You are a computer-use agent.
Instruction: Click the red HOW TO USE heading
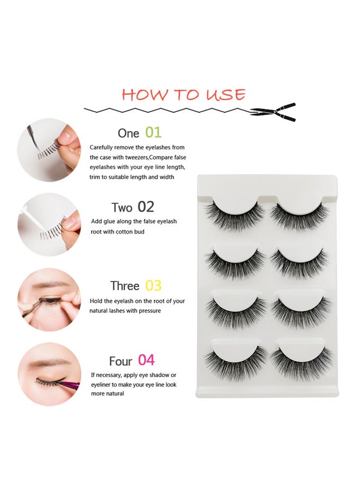(183, 94)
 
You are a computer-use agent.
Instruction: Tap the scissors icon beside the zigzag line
(273, 112)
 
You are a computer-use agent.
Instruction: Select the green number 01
(153, 133)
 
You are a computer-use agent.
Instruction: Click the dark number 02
(146, 207)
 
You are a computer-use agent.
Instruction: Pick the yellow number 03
(153, 285)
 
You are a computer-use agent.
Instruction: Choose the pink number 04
(146, 360)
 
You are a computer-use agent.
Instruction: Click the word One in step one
(128, 134)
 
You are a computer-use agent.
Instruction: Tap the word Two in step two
(122, 208)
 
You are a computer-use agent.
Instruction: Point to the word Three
(124, 286)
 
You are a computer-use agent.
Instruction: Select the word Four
(121, 361)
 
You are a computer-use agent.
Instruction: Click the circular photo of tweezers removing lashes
(49, 150)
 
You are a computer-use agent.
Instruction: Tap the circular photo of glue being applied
(49, 225)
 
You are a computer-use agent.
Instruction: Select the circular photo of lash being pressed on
(49, 300)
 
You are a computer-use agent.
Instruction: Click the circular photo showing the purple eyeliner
(49, 374)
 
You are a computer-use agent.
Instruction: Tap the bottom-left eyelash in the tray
(236, 363)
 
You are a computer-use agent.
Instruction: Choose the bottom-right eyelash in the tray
(301, 363)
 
